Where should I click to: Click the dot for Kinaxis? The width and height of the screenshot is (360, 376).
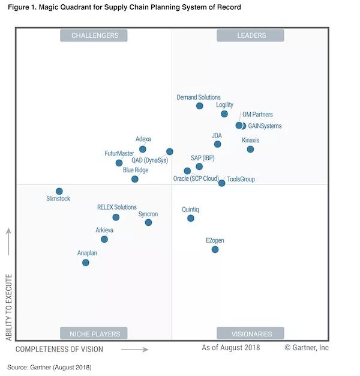(x=250, y=149)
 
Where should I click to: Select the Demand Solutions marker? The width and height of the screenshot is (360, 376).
(x=199, y=106)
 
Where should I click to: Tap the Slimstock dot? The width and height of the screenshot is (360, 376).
(x=59, y=191)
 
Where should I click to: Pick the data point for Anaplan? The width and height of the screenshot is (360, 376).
(x=86, y=262)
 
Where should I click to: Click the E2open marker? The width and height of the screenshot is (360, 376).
(x=215, y=249)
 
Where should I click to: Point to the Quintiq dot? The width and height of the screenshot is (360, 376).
(x=191, y=218)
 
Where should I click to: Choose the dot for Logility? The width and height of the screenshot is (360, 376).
(x=224, y=114)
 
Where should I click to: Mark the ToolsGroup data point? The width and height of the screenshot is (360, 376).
(x=221, y=183)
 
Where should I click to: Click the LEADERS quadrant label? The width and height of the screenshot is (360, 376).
(x=251, y=35)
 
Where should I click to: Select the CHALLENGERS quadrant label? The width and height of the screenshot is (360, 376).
(x=95, y=35)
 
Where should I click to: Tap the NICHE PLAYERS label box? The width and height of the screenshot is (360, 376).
(x=95, y=333)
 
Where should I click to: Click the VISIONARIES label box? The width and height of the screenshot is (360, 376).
(x=251, y=333)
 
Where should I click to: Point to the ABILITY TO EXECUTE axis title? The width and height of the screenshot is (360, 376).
(x=9, y=308)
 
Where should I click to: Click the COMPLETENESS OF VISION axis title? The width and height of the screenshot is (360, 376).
(x=59, y=349)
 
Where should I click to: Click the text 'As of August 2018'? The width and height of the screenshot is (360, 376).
(x=230, y=348)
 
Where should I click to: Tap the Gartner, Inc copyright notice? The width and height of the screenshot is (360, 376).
(x=306, y=348)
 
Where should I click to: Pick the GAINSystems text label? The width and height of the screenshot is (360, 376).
(x=265, y=126)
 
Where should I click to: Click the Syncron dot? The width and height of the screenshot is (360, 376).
(x=148, y=222)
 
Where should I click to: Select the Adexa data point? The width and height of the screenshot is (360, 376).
(x=142, y=149)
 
